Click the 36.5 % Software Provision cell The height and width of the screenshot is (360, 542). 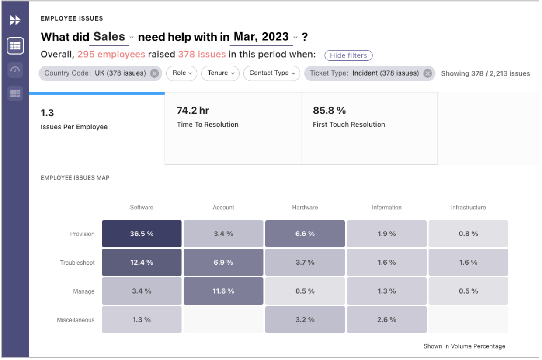click(142, 234)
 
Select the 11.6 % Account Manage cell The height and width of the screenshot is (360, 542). click(223, 291)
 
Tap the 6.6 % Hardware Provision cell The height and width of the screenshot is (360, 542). click(305, 234)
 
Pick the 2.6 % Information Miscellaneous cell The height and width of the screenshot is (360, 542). click(386, 320)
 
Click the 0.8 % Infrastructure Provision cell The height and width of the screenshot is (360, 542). click(468, 234)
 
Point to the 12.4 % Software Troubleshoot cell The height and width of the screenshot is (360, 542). click(142, 263)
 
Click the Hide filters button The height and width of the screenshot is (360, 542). click(348, 55)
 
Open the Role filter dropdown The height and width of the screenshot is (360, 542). click(182, 73)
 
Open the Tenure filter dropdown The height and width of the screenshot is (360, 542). click(220, 73)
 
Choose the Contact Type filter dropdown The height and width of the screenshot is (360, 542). click(272, 73)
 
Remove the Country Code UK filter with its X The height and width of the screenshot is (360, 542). click(154, 73)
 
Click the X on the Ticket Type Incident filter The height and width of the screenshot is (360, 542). click(427, 73)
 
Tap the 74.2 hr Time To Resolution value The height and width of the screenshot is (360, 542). click(193, 111)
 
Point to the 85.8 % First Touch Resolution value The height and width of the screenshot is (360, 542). click(329, 111)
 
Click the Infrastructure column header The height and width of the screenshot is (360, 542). click(468, 208)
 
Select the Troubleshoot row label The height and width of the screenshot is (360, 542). click(77, 263)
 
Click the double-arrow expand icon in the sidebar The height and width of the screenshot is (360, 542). click(15, 20)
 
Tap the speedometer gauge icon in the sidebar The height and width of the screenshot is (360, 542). click(15, 70)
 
